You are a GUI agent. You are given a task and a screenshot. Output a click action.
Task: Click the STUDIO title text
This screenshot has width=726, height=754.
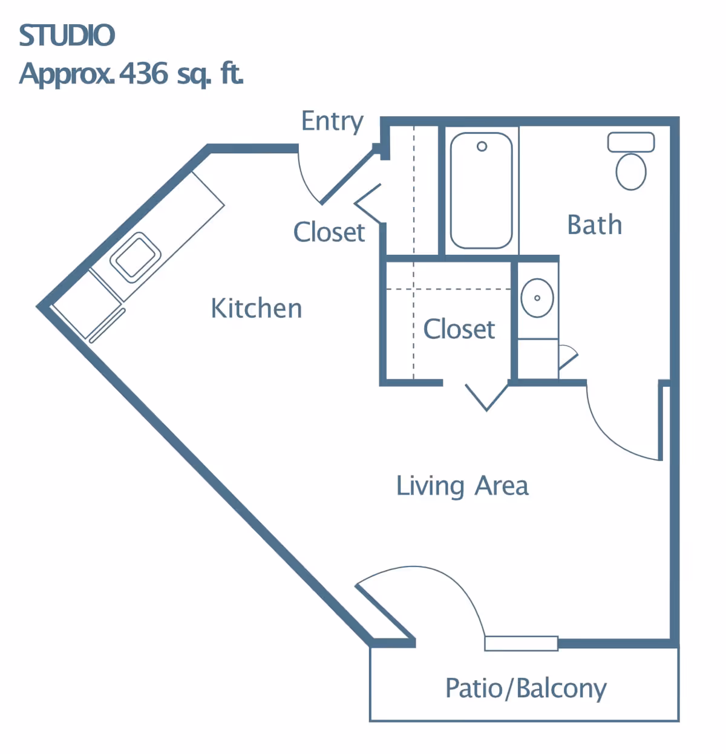(67, 35)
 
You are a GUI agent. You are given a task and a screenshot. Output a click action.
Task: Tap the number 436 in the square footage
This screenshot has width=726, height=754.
(143, 73)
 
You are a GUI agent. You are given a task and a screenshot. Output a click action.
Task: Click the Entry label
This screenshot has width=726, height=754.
(332, 122)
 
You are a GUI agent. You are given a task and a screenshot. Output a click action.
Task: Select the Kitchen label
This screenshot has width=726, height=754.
(256, 309)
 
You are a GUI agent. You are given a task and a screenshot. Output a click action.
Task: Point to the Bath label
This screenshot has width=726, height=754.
(594, 225)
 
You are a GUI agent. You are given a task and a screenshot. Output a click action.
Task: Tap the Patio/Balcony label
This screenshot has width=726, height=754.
(526, 689)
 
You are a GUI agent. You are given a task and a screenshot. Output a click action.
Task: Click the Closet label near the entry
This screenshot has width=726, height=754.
(329, 232)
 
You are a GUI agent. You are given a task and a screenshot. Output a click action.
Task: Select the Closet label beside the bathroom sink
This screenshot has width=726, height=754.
(459, 329)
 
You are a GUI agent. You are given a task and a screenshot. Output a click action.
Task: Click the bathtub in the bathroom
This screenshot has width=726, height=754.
(482, 191)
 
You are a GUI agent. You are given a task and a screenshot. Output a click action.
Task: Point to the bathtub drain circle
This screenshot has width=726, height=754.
(482, 146)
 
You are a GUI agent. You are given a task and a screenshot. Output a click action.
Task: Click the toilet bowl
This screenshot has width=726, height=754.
(631, 172)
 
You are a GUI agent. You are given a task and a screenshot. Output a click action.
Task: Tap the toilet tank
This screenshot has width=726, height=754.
(631, 142)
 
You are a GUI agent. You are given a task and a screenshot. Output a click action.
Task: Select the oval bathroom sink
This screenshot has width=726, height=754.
(537, 298)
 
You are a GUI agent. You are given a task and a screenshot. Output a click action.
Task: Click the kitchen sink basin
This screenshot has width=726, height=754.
(135, 257)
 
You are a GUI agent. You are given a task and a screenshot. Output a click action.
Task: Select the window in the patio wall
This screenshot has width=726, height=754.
(521, 644)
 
